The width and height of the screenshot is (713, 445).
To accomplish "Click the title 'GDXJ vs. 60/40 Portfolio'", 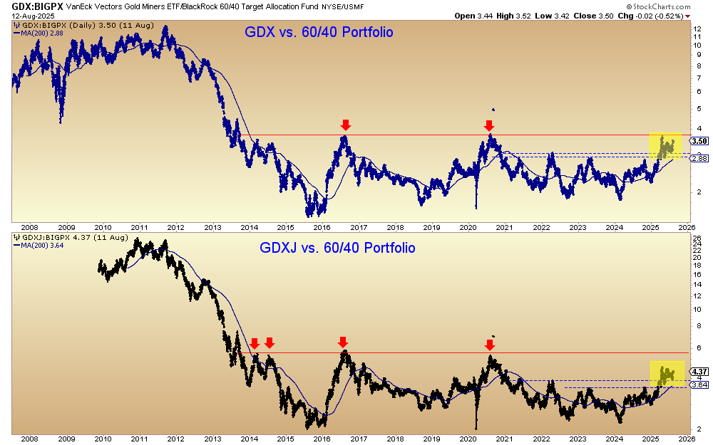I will tap(337, 248).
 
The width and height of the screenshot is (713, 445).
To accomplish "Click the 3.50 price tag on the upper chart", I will tap(699, 141).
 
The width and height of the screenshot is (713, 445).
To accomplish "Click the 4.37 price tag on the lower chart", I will tap(699, 371).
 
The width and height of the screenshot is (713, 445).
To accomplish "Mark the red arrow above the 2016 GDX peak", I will tap(346, 125).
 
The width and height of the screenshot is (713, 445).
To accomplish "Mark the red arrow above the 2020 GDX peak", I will tap(489, 125).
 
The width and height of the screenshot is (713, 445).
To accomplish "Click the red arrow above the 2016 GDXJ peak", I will tap(343, 342).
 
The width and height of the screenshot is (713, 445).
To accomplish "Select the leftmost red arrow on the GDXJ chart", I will tap(255, 343).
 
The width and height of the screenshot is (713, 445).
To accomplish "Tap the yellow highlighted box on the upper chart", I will tap(665, 145).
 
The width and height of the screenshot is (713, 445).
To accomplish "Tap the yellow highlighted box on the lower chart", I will tap(667, 372).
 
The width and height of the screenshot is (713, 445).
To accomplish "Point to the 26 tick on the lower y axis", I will tap(698, 239).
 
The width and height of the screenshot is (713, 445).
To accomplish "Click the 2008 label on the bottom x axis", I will tap(29, 439).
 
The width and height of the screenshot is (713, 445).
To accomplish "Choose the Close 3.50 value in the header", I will tap(602, 14).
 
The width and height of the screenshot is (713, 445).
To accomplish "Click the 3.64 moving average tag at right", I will tap(699, 384).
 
